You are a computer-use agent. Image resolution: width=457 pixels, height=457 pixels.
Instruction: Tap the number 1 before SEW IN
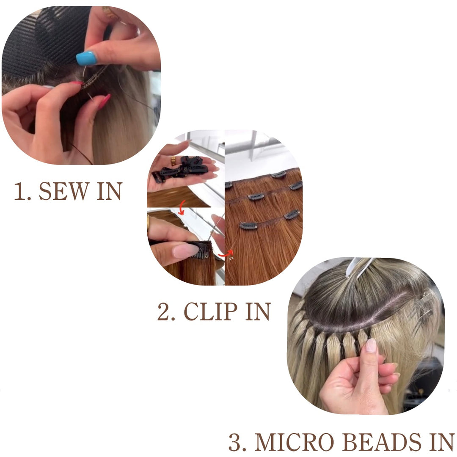(20, 191)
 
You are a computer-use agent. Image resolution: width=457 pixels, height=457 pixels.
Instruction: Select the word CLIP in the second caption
(210, 311)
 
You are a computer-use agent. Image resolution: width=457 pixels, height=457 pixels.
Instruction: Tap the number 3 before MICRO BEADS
(234, 442)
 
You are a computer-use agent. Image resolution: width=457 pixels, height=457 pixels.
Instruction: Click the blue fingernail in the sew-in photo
(86, 58)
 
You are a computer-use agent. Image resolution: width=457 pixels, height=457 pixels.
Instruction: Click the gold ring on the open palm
(173, 161)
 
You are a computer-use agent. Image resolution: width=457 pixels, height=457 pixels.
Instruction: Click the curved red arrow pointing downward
(181, 207)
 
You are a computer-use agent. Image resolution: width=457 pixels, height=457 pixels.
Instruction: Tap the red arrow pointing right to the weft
(226, 253)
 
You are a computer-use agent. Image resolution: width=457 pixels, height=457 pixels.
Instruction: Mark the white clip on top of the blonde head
(358, 267)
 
